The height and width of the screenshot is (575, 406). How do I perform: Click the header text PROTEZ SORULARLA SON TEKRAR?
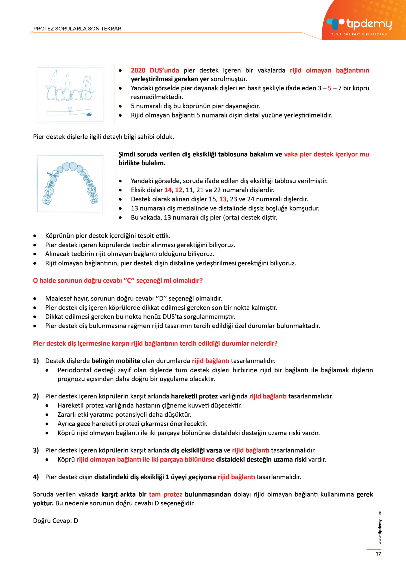[77, 29]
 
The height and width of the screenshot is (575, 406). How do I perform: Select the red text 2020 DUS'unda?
[155, 70]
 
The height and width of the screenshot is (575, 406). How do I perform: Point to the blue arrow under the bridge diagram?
[89, 115]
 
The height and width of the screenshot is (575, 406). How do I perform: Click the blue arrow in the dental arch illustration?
[49, 174]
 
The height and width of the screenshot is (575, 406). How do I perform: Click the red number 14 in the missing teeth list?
[168, 190]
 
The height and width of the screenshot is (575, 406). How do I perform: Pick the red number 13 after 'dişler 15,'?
[223, 199]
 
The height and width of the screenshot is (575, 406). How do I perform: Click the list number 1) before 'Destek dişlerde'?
[36, 361]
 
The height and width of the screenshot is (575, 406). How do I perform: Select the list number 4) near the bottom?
[36, 477]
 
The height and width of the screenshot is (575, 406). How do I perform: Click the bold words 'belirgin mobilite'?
[116, 361]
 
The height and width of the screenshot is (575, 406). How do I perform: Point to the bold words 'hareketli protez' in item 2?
[194, 396]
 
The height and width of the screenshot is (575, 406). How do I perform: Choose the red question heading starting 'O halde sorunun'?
[118, 281]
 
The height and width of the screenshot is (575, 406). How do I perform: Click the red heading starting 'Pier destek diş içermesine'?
[155, 343]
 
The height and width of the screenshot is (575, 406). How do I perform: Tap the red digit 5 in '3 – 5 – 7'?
[330, 88]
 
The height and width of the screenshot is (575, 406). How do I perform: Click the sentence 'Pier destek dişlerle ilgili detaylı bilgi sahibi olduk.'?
[103, 137]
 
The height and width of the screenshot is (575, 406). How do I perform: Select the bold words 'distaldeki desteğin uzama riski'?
[261, 460]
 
